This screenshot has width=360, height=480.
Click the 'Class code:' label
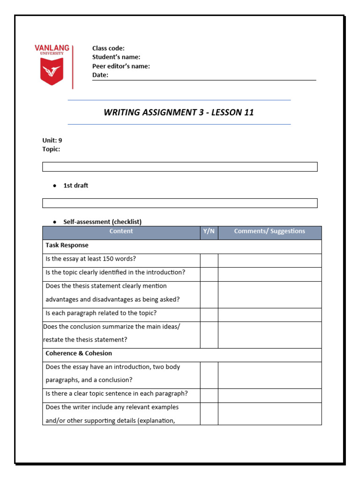(108, 48)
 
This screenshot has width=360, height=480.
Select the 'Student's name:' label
(116, 57)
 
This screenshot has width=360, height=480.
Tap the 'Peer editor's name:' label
(121, 66)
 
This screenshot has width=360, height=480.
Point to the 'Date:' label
(100, 75)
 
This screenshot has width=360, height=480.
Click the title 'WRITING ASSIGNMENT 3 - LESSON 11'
(179, 112)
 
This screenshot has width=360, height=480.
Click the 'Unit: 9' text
(52, 140)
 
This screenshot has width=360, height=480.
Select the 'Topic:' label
(51, 149)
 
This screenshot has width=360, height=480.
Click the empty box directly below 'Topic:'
(180, 167)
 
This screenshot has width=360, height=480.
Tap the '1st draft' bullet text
(75, 186)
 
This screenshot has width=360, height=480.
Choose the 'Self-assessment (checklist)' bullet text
(102, 222)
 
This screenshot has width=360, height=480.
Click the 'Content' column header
(121, 231)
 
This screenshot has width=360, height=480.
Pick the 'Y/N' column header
(209, 231)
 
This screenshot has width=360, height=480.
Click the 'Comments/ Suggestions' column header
(270, 231)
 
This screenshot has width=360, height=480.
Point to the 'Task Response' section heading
(67, 245)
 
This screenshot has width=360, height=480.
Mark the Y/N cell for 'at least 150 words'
(209, 261)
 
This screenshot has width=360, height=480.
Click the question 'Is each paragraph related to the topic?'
(101, 313)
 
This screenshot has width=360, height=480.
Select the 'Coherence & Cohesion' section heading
(78, 353)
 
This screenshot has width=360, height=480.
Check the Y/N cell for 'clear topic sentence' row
(209, 396)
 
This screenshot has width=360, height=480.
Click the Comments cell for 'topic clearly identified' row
(270, 274)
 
